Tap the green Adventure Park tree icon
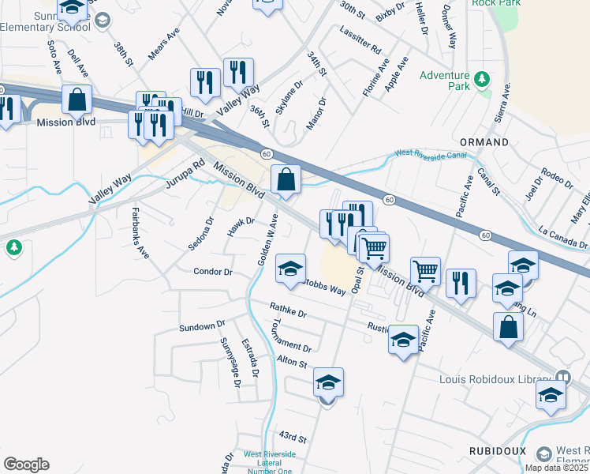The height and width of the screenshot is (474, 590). pyautogui.click(x=481, y=80)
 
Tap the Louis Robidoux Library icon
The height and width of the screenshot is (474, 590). pyautogui.click(x=562, y=377)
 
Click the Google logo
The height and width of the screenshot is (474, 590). pyautogui.click(x=26, y=465)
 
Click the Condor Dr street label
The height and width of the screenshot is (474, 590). pyautogui.click(x=213, y=272)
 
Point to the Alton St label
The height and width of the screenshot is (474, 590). pyautogui.click(x=291, y=361)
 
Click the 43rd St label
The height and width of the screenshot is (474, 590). pyautogui.click(x=291, y=437)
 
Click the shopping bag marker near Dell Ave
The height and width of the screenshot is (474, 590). pyautogui.click(x=77, y=100)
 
